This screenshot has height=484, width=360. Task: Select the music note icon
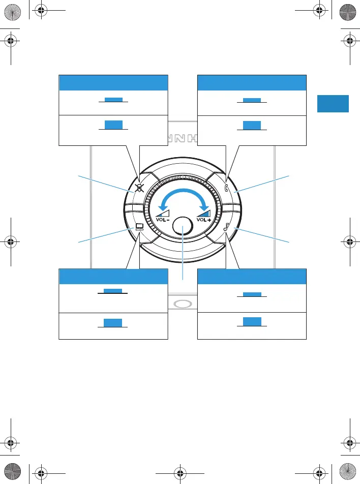click(x=226, y=227)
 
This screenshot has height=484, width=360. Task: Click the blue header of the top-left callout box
click(x=113, y=82)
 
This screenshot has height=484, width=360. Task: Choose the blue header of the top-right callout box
click(x=252, y=82)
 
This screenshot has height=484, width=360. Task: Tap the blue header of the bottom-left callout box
click(x=113, y=276)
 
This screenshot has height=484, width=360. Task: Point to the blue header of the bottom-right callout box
click(x=252, y=276)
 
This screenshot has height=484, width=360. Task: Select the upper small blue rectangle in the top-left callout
click(x=113, y=100)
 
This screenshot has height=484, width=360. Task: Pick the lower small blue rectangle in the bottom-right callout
click(x=252, y=321)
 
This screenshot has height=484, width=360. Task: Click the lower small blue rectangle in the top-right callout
click(x=252, y=125)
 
